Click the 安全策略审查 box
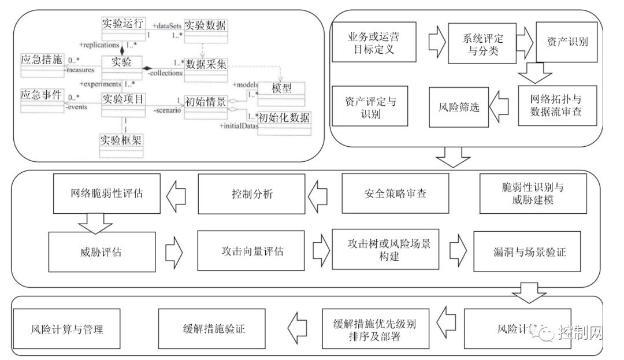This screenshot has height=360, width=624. (x=395, y=194)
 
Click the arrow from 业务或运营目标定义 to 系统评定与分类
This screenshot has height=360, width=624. (x=438, y=42)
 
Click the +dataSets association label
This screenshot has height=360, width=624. (x=167, y=26)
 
